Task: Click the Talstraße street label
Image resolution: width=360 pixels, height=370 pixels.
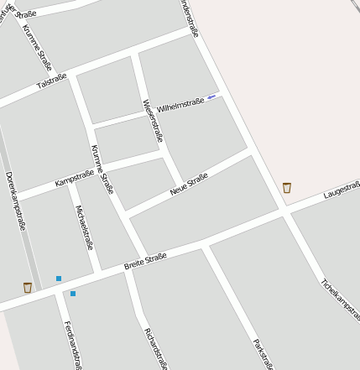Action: (x=52, y=81)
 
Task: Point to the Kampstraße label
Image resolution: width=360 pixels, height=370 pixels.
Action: (x=74, y=179)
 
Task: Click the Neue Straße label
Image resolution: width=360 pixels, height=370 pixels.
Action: (x=188, y=184)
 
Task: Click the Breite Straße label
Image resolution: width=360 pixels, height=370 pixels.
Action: (x=145, y=261)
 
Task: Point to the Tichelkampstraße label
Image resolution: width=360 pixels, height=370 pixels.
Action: (x=340, y=298)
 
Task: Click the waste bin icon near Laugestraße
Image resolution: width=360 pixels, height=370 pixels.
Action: (x=287, y=187)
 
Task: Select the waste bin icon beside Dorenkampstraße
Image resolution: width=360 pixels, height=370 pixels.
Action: (x=28, y=287)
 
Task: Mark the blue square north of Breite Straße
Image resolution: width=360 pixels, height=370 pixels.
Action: (x=59, y=278)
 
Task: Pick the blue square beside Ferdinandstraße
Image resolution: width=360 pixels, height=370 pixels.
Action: (x=73, y=294)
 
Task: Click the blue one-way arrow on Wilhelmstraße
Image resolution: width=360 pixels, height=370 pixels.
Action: (x=211, y=96)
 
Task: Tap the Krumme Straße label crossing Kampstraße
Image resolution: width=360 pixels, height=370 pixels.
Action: (x=102, y=169)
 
